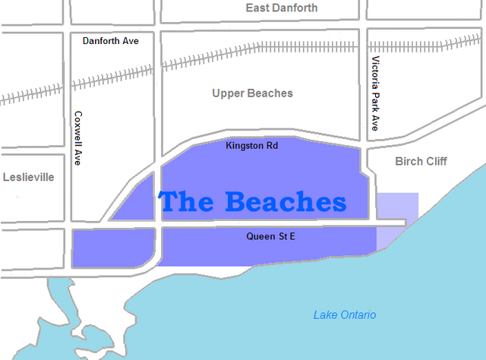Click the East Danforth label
282,8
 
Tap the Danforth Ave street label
111,39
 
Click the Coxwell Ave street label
77,139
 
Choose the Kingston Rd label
252,145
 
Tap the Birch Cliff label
421,162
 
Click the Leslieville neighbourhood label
29,177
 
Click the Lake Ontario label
345,315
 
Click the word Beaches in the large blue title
285,203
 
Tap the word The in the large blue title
187,203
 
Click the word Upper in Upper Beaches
228,93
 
